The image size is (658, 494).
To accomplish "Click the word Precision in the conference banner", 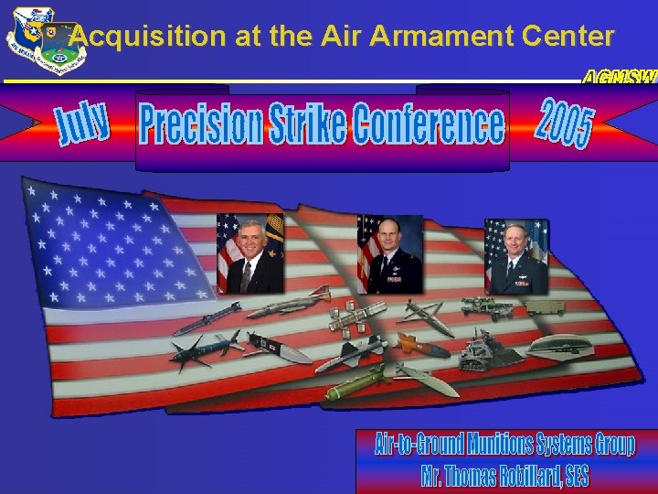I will [200, 124].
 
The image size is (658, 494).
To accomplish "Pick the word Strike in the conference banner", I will [306, 124].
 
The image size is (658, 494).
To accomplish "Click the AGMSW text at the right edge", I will [621, 78].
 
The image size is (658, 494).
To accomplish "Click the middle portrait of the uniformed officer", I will [390, 254].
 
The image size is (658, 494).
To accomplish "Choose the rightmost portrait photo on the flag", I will [516, 256].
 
